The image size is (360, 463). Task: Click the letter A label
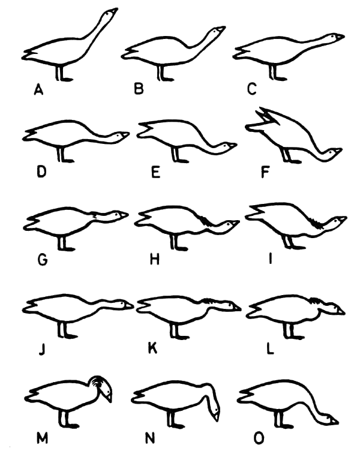(38, 90)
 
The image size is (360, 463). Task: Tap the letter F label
(265, 172)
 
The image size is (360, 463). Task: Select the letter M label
(42, 438)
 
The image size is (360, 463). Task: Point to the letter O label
(259, 438)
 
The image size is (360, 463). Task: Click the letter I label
(270, 259)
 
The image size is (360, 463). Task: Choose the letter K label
(152, 348)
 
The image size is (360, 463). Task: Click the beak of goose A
(113, 11)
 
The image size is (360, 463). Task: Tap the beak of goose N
(217, 417)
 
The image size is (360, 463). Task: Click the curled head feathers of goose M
(100, 382)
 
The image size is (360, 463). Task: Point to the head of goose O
(329, 420)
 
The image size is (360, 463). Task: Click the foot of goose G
(68, 249)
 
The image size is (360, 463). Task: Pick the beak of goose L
(341, 311)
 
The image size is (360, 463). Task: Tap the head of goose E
(227, 147)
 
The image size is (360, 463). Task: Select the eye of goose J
(123, 303)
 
